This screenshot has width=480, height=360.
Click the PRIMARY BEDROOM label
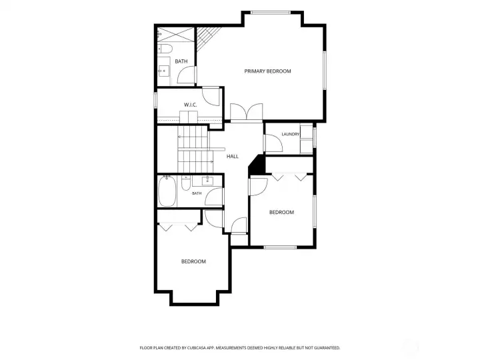267,71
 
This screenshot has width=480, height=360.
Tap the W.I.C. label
190,105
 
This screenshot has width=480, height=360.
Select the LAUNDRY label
290,134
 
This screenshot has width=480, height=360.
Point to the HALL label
233,157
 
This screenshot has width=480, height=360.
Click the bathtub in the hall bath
167,191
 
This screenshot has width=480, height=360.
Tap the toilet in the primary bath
165,49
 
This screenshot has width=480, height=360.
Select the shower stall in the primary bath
176,35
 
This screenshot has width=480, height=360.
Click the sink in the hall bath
207,180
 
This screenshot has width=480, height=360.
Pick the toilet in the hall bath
186,183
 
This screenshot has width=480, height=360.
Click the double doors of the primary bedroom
247,112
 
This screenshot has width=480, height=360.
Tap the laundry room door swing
273,143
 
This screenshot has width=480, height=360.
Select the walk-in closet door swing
211,97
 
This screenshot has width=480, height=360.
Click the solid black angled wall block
257,165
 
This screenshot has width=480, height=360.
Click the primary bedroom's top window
270,13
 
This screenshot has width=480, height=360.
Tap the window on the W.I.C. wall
155,100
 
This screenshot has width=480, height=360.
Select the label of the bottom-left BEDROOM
193,261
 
